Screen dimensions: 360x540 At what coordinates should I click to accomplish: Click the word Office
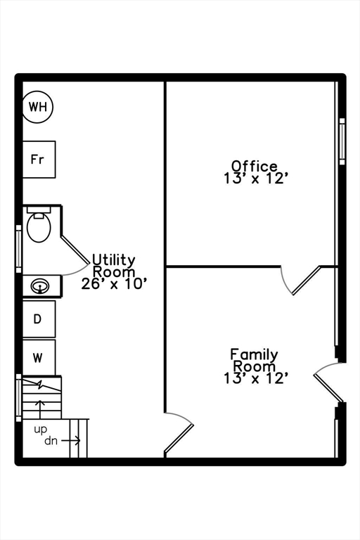[x=255, y=166]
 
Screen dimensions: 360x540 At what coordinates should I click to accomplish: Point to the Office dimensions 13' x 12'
[x=255, y=179]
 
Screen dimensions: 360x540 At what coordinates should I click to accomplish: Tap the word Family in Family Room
[x=254, y=354]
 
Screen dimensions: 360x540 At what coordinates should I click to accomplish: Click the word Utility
[x=114, y=260]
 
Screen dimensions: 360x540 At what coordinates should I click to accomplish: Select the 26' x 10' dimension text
[x=115, y=284]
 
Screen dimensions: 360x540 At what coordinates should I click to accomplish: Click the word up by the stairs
[x=40, y=430]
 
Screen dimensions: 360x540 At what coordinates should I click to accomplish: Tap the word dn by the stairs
[x=51, y=440]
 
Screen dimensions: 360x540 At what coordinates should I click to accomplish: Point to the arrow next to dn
[x=71, y=440]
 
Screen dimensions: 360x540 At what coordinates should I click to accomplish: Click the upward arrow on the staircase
[x=40, y=409]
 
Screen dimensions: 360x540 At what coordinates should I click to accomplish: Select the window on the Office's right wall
[x=342, y=141]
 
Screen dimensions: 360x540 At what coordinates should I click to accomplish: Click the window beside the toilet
[x=18, y=249]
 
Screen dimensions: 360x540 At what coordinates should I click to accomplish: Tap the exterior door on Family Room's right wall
[x=329, y=382]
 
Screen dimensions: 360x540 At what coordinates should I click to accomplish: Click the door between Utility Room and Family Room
[x=179, y=432]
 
